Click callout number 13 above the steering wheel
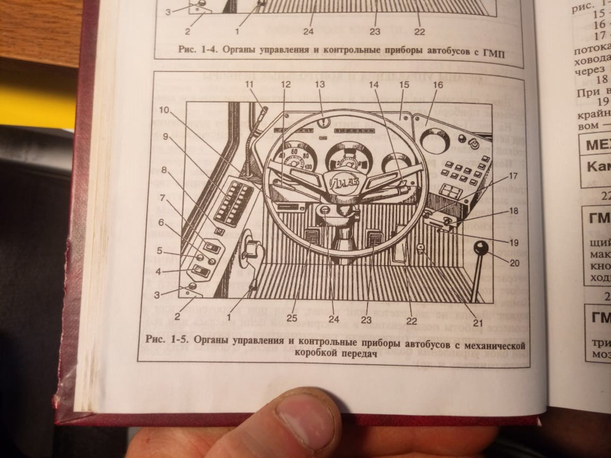320,85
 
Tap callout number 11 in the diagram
249,85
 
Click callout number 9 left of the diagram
165,137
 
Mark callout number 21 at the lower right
478,323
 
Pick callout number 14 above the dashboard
374,85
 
